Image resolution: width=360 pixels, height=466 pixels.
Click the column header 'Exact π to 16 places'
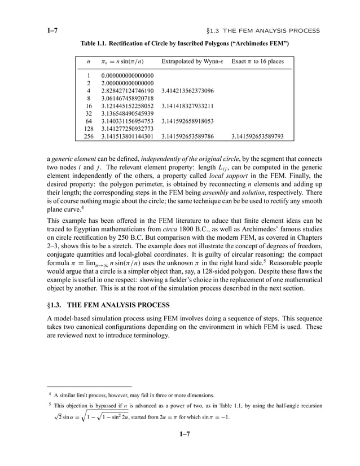tap(258, 61)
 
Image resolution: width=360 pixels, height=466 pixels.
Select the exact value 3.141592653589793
tap(258, 136)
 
